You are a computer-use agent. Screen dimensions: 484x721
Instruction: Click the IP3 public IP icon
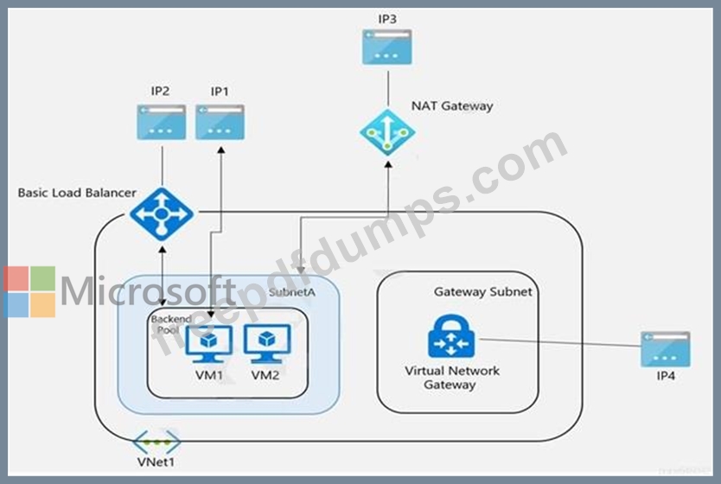coord(387,47)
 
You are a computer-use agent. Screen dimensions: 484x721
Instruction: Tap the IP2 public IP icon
coord(161,122)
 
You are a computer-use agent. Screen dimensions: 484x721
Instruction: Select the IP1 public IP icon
coord(220,122)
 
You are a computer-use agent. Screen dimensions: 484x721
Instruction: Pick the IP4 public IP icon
coord(665,348)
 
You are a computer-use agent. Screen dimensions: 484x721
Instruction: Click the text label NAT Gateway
coord(452,106)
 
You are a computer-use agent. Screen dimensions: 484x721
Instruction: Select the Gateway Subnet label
coord(482,292)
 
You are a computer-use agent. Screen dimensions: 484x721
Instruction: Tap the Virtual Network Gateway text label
coord(451,378)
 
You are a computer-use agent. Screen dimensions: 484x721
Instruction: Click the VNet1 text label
coord(156,462)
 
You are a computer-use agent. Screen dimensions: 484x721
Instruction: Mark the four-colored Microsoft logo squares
coord(29,291)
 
